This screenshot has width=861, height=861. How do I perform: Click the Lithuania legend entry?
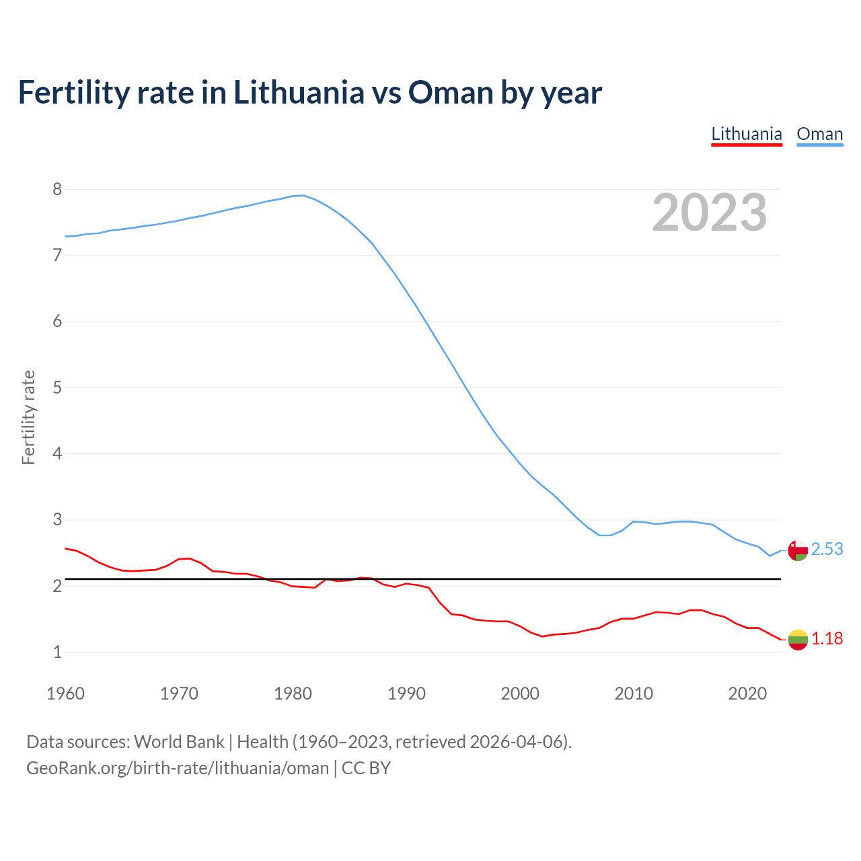pyautogui.click(x=747, y=135)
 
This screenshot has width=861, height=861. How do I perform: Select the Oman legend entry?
pyautogui.click(x=819, y=135)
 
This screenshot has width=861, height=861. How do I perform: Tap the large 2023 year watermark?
pyautogui.click(x=709, y=213)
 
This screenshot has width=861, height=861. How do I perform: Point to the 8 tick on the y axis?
pyautogui.click(x=57, y=189)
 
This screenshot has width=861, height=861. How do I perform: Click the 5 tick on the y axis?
pyautogui.click(x=57, y=387)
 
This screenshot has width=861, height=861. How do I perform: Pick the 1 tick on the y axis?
pyautogui.click(x=57, y=652)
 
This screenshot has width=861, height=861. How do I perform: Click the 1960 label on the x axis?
pyautogui.click(x=65, y=694)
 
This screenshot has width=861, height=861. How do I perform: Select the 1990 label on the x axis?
pyautogui.click(x=406, y=694)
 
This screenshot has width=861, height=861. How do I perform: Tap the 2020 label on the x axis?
pyautogui.click(x=747, y=694)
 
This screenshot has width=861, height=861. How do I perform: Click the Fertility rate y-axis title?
pyautogui.click(x=28, y=417)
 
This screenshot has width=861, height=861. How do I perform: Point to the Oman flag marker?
pyautogui.click(x=798, y=550)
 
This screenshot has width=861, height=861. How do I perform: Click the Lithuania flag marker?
pyautogui.click(x=798, y=640)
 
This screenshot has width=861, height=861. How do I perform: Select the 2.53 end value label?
pyautogui.click(x=827, y=550)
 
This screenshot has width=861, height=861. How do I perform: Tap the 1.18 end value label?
pyautogui.click(x=827, y=639)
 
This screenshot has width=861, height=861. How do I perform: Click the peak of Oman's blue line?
pyautogui.click(x=303, y=195)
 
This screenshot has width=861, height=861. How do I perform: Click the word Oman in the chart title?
pyautogui.click(x=451, y=93)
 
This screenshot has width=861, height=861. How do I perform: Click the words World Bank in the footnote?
pyautogui.click(x=179, y=742)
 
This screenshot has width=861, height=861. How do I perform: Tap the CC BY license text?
pyautogui.click(x=366, y=768)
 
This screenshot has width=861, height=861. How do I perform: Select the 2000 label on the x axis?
pyautogui.click(x=520, y=694)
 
